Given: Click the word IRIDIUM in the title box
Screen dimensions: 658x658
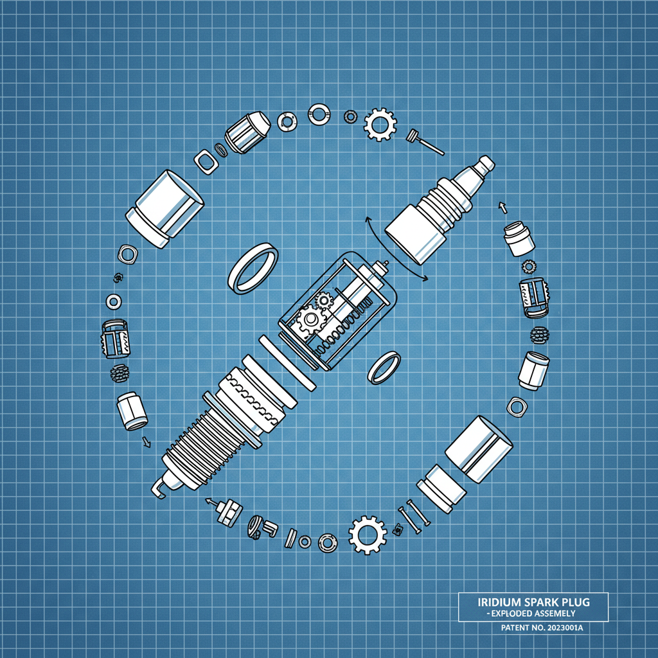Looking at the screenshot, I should click(500, 603).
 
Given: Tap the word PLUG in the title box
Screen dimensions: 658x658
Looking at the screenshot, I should click(575, 603).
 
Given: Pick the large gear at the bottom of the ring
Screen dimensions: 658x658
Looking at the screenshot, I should click(368, 534).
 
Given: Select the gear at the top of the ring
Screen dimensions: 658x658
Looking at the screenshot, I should click(380, 123).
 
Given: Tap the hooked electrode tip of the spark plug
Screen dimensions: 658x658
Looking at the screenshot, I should click(159, 486).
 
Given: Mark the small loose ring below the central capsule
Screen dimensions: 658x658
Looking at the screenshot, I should click(384, 367).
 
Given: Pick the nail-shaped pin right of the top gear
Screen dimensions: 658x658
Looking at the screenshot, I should click(425, 142).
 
